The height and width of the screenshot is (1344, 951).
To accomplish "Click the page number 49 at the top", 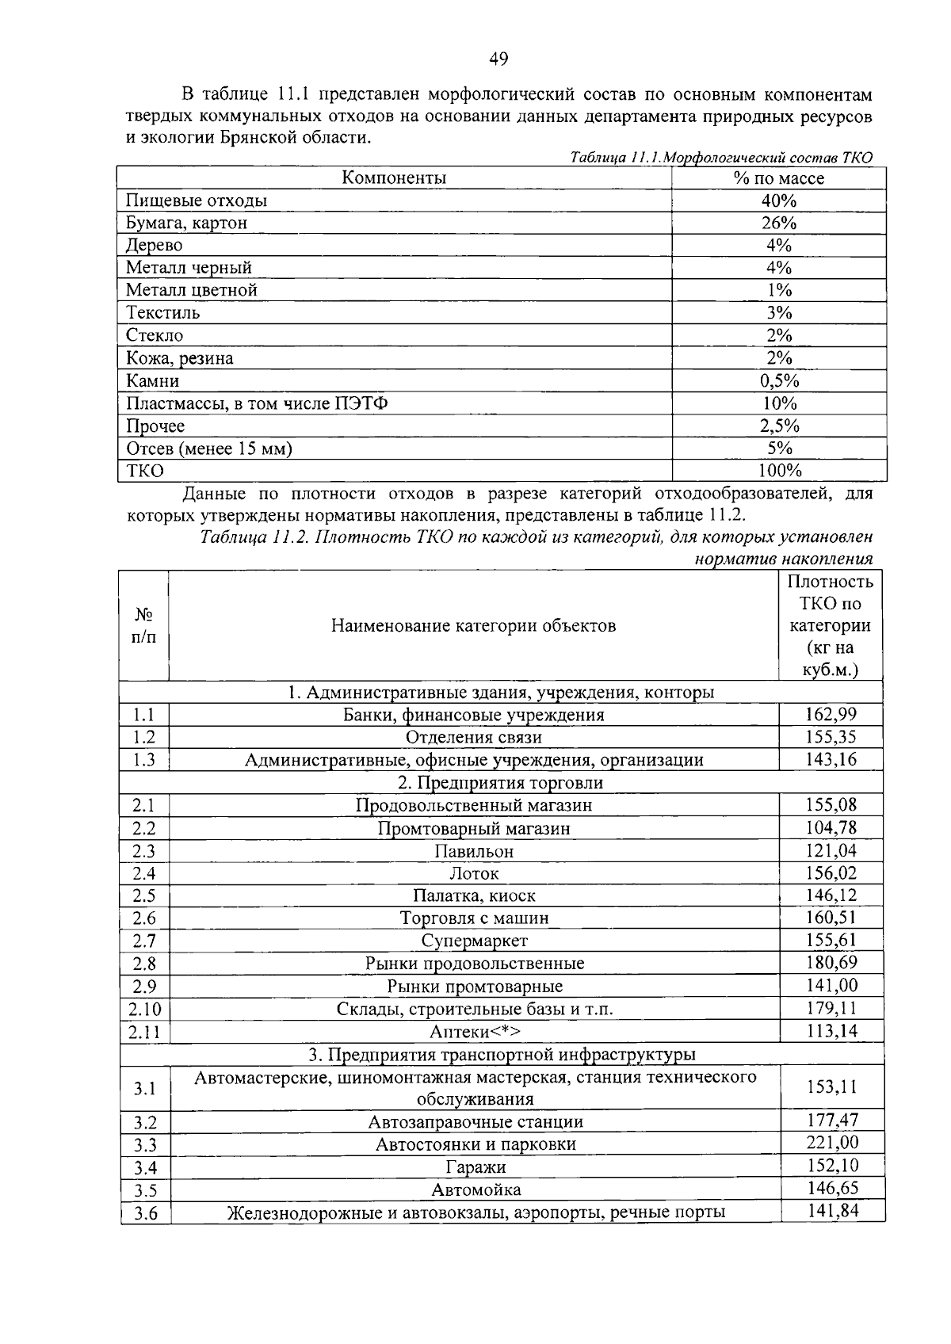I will click(498, 59).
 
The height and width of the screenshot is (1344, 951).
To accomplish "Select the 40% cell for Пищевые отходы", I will click(778, 200).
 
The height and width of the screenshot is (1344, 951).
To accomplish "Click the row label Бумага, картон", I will click(186, 223).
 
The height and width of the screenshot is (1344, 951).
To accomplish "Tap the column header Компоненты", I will click(394, 178).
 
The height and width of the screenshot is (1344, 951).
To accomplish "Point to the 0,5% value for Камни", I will click(778, 381).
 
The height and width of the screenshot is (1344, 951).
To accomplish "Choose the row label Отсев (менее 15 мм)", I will click(209, 449).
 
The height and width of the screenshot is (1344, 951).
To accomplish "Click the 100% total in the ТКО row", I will click(780, 472).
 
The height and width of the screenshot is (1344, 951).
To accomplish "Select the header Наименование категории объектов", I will click(473, 626).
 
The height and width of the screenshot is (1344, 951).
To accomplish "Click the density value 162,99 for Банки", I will click(831, 715).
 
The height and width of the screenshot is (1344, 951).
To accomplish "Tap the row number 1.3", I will click(144, 760).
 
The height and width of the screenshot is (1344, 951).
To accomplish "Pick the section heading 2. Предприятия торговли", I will click(500, 783).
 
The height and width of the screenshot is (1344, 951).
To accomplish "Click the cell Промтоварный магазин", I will click(474, 829).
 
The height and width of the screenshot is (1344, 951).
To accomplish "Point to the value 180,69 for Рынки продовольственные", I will click(831, 963).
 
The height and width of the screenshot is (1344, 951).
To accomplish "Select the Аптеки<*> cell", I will click(474, 1032).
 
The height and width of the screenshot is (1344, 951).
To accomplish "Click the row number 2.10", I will click(144, 1010).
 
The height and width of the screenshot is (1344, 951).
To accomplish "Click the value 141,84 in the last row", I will click(832, 1211).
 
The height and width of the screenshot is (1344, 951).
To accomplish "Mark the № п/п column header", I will click(143, 626).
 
